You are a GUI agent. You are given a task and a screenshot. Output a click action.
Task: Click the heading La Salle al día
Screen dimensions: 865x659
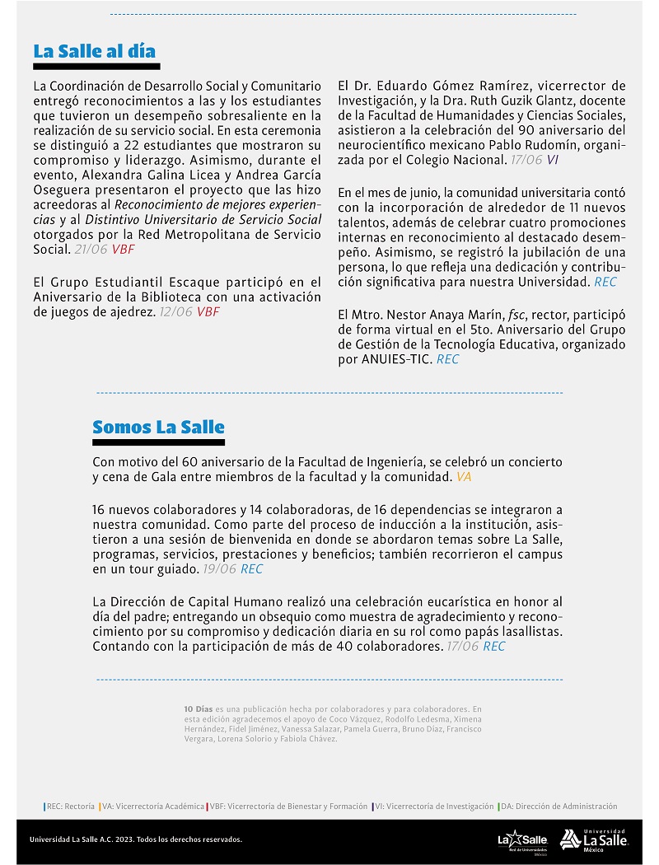coord(94,51)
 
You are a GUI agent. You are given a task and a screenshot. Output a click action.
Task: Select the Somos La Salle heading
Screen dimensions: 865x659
coord(158,427)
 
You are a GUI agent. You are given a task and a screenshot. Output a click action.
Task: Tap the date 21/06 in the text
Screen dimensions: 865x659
coord(91,248)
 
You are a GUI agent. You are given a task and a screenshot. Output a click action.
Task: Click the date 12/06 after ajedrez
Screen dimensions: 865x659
coord(176,311)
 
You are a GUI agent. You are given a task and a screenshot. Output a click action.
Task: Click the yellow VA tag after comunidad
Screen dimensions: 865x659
coord(464,476)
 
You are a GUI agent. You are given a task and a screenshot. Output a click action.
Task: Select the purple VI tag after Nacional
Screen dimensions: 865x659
coord(552,160)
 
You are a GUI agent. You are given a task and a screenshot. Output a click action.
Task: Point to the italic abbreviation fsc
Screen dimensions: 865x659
coord(495,315)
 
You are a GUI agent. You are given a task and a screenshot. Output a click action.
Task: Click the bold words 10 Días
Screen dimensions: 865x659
coord(199,708)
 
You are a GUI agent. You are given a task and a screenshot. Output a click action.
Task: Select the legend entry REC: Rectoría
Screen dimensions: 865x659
coord(69,807)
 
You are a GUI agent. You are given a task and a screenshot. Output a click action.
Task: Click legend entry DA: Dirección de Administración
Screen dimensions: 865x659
coord(559,807)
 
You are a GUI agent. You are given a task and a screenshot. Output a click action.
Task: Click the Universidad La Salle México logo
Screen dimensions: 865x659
coord(593,839)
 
